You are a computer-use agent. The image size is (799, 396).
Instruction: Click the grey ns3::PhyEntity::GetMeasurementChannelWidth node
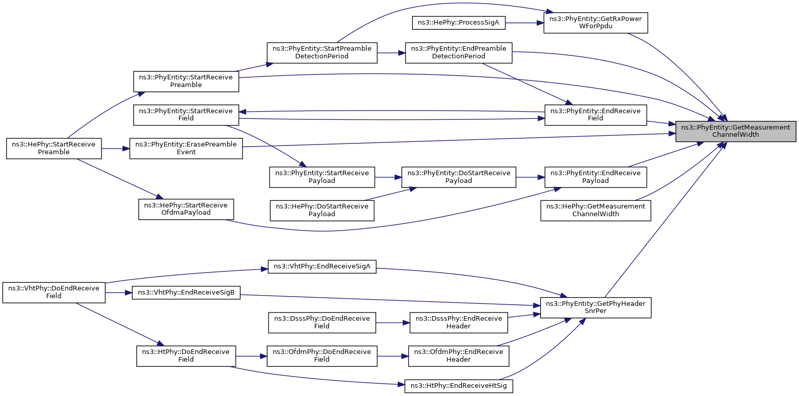click(x=735, y=131)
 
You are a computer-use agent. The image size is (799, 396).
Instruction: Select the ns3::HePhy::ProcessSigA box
click(x=458, y=23)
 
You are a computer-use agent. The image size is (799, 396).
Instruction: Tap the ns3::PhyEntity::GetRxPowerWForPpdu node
click(x=596, y=23)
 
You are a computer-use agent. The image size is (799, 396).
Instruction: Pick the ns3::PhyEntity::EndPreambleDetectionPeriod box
click(x=458, y=53)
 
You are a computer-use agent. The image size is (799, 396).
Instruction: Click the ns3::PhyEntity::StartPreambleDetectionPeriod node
click(x=322, y=53)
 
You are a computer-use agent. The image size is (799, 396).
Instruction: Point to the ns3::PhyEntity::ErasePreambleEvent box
click(x=186, y=148)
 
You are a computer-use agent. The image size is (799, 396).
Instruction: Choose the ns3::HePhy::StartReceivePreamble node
click(x=54, y=148)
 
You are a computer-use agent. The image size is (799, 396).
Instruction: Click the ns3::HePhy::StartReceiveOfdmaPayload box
click(x=186, y=209)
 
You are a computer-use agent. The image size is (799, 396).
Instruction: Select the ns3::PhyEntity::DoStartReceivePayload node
click(x=458, y=177)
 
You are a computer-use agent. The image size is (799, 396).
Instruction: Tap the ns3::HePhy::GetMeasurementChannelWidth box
click(x=596, y=211)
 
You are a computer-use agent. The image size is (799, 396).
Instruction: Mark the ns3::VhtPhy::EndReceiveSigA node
click(x=322, y=266)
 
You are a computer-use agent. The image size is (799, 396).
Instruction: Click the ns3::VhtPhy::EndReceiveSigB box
click(x=186, y=293)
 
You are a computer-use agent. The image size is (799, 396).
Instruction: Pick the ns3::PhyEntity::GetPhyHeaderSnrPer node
click(x=596, y=307)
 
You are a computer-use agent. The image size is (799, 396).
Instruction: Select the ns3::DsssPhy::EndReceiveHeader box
click(x=458, y=323)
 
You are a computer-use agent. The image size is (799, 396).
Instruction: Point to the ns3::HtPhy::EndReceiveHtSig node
click(x=458, y=386)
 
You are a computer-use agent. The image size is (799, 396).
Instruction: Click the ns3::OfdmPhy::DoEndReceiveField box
click(x=322, y=356)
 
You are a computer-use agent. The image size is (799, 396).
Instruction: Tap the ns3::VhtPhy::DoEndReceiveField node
click(x=54, y=293)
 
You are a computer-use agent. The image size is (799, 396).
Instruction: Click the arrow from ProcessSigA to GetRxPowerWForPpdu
click(x=524, y=23)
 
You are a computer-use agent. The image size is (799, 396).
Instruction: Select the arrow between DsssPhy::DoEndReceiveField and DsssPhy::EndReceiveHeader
click(x=393, y=323)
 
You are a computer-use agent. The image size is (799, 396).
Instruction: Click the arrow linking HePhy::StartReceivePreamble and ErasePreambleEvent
click(x=115, y=149)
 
